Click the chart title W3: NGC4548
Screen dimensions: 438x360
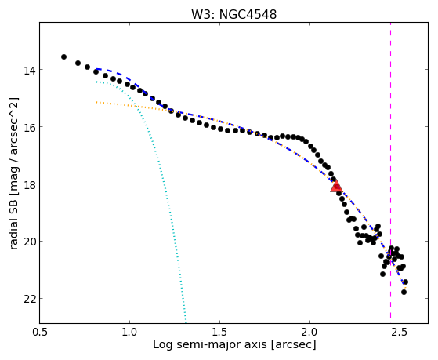[x=233, y=15]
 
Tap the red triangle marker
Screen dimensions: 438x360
[x=336, y=186]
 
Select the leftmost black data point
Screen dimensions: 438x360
[x=63, y=56]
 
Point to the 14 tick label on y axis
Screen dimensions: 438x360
[x=29, y=70]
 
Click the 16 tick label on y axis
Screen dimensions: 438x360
[x=29, y=127]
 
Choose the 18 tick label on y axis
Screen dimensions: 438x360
[x=29, y=184]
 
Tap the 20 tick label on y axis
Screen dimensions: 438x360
[x=29, y=242]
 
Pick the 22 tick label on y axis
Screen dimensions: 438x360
[x=29, y=299]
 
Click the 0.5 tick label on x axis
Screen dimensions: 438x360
[x=39, y=332]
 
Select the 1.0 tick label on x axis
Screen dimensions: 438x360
[x=129, y=332]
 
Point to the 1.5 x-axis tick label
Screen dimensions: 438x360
[x=220, y=332]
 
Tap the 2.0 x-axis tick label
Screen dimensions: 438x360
[x=310, y=332]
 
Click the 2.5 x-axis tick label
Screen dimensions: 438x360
[x=400, y=332]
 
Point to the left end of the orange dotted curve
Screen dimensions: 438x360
[x=96, y=103]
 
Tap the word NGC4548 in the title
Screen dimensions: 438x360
[x=248, y=15]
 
